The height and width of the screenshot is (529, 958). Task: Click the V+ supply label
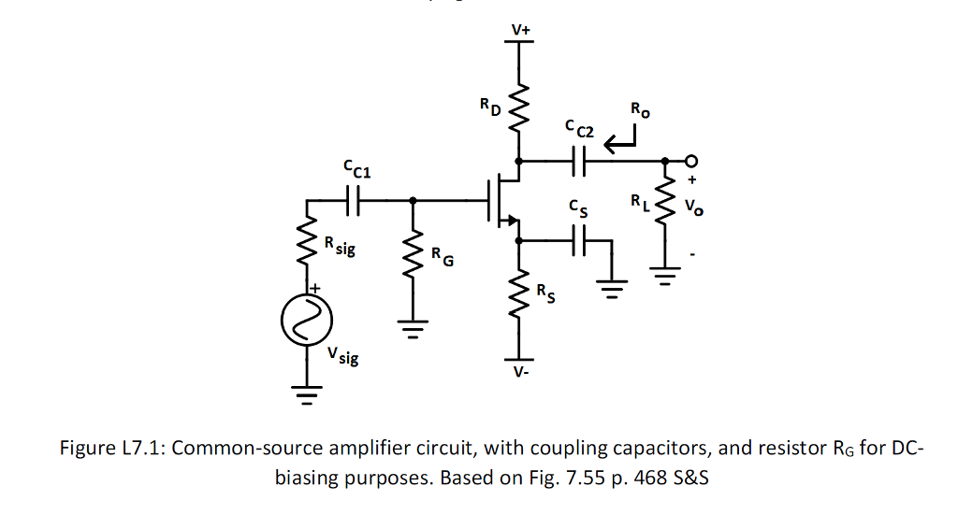[x=520, y=30]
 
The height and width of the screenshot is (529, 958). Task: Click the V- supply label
[x=520, y=373]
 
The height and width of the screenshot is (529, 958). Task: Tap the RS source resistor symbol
[x=520, y=299]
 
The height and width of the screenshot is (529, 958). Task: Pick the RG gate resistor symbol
[x=414, y=257]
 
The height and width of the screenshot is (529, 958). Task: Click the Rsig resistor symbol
[x=306, y=245]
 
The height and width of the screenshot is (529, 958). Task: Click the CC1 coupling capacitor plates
[x=353, y=199]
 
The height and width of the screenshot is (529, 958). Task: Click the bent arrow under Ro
[x=620, y=141]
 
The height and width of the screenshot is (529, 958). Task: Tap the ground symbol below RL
[x=665, y=278]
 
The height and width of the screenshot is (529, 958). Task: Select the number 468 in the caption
[x=647, y=478]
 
